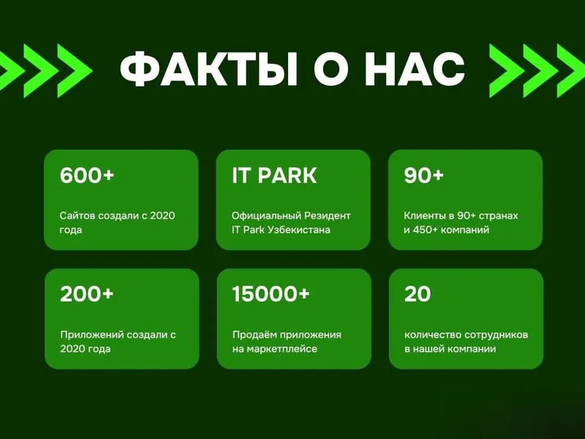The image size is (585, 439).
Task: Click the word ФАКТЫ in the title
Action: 208,70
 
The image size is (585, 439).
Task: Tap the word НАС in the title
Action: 415,70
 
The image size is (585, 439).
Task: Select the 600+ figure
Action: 87,175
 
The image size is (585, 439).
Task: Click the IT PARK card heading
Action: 274,175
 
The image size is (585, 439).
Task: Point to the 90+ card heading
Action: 423,175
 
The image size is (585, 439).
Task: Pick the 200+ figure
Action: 86,294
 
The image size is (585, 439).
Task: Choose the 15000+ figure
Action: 271,294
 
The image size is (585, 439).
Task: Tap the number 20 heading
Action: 418,294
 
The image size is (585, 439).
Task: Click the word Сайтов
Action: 76,216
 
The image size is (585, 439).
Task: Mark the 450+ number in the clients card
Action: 425,230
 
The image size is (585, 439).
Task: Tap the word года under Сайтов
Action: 70,230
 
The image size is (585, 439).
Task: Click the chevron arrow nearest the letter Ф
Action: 75,70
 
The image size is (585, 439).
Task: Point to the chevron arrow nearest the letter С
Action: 507,70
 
